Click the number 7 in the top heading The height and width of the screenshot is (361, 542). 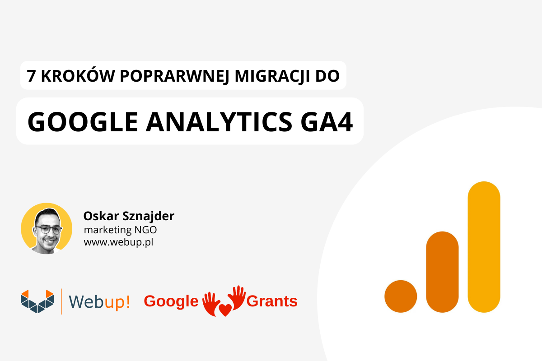31,76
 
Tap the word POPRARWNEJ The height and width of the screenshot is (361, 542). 174,76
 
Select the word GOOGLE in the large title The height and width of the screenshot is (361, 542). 83,122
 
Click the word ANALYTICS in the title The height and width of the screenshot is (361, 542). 219,122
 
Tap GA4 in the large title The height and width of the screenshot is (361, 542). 327,122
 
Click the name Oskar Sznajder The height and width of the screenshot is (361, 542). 129,216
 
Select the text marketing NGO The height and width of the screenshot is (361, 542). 120,230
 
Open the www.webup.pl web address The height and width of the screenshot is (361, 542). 118,242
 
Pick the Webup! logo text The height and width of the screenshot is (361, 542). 99,301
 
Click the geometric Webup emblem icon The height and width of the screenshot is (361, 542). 37,301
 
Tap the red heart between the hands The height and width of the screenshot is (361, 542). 225,310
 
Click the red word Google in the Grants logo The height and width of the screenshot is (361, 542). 171,301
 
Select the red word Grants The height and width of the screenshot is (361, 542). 272,301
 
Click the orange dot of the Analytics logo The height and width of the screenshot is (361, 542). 401,296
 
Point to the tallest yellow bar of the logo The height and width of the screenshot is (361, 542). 484,247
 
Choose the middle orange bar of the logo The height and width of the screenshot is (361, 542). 442,272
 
